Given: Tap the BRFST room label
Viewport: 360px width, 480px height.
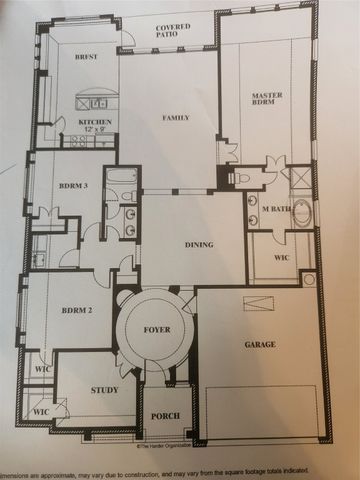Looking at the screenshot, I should [x=88, y=58].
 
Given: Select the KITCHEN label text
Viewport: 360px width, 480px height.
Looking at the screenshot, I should [x=94, y=122].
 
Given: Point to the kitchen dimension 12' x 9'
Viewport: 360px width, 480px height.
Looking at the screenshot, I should [x=95, y=131].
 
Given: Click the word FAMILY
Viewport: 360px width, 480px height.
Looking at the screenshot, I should [x=176, y=118].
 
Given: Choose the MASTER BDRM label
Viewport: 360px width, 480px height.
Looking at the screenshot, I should [x=268, y=98].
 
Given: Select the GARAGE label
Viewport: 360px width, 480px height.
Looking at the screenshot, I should [x=260, y=343].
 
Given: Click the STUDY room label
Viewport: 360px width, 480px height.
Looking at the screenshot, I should [x=104, y=390].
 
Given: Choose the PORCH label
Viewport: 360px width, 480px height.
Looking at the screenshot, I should [x=164, y=417].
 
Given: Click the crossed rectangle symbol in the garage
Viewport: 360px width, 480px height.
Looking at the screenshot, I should [x=259, y=304].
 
